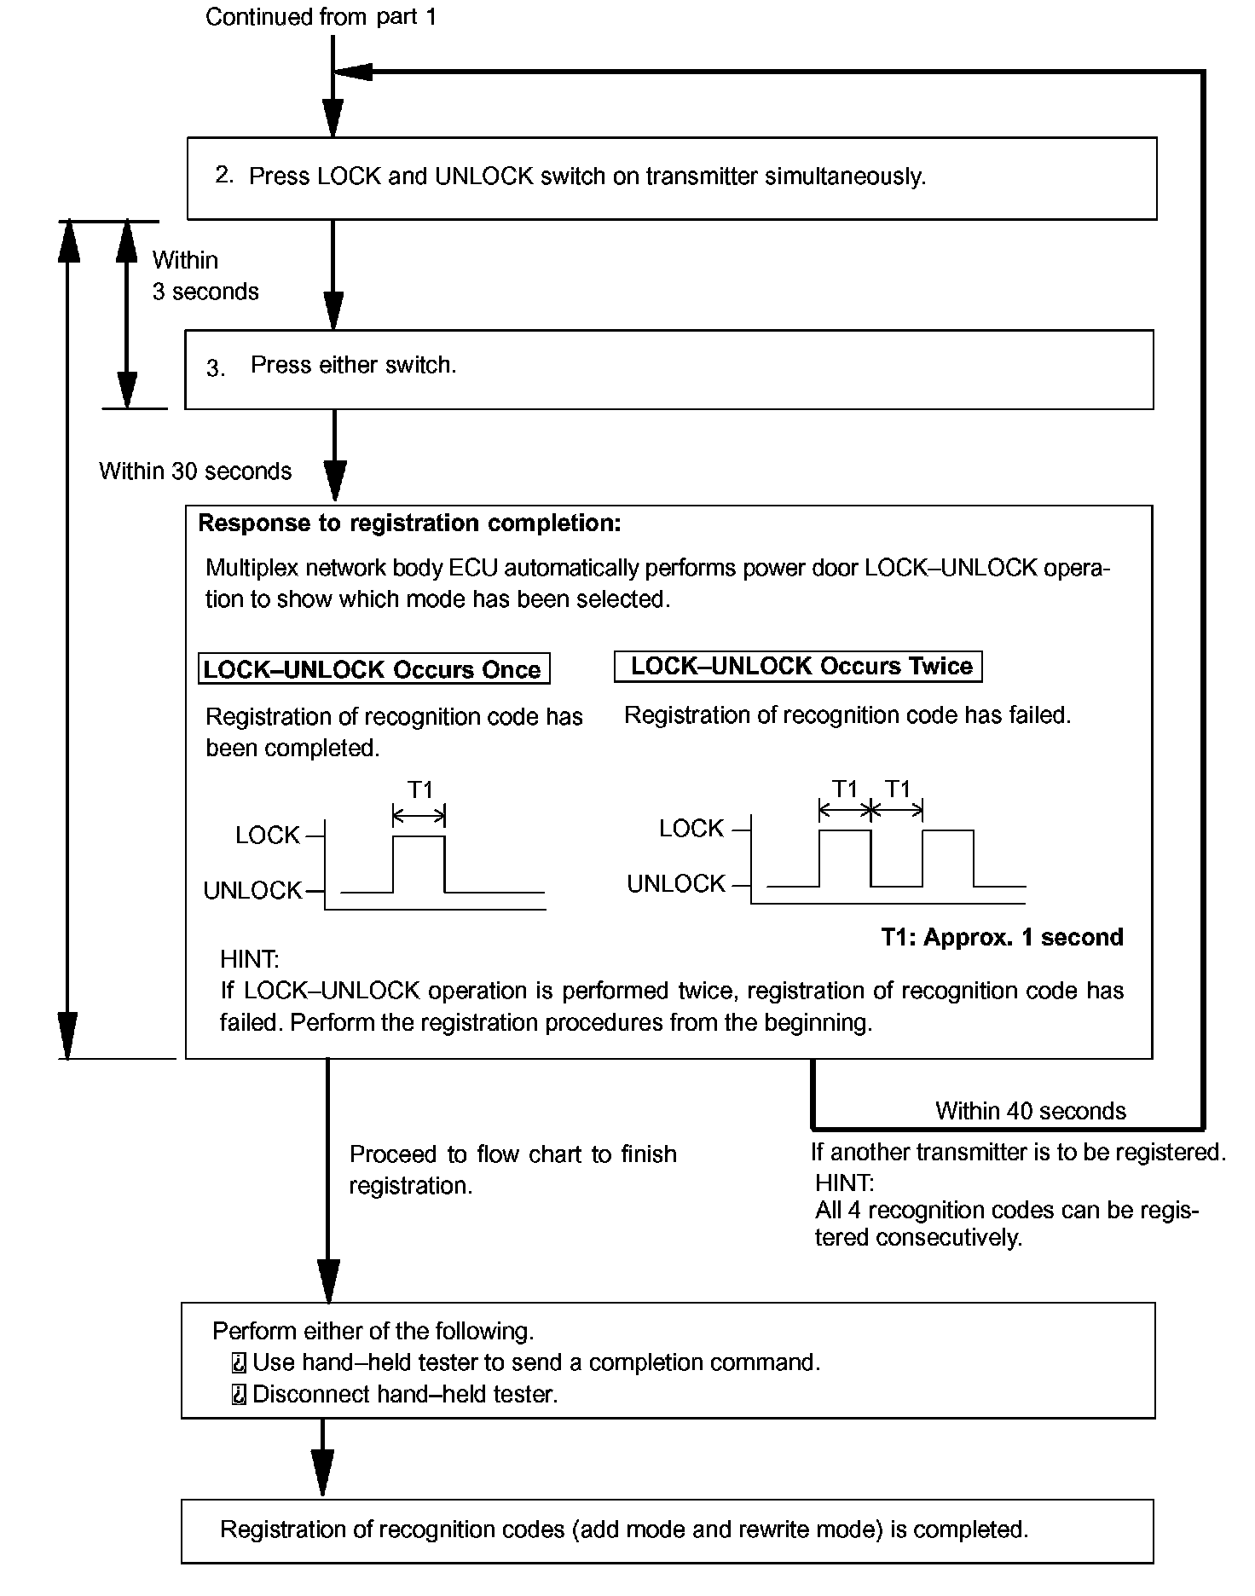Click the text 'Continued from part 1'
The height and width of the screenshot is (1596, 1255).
pos(321,17)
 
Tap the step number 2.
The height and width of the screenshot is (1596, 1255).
pos(223,175)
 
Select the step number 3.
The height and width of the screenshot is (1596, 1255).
pos(216,368)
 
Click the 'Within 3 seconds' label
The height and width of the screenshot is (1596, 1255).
pos(205,275)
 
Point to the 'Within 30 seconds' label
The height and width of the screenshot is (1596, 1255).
pos(195,471)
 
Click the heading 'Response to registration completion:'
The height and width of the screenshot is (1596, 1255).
pos(409,523)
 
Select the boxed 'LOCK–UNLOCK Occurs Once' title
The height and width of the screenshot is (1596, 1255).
pos(373,669)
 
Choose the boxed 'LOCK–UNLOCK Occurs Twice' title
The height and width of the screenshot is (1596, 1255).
pos(799,666)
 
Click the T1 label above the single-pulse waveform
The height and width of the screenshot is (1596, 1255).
pos(420,789)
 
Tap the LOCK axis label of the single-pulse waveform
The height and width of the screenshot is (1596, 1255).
pos(268,836)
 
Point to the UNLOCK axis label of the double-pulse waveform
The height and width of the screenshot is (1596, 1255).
pos(675,884)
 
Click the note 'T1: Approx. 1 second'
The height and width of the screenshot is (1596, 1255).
pos(1002,937)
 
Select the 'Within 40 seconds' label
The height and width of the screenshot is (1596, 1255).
pos(1030,1111)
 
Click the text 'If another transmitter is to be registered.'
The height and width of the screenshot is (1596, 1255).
pos(1018,1152)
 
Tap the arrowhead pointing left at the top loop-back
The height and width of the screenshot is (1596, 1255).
pos(353,72)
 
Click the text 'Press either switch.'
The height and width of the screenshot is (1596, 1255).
pos(353,365)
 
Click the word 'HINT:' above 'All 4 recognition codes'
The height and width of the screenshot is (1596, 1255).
pos(844,1183)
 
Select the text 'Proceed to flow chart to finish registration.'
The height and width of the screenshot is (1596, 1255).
pos(512,1170)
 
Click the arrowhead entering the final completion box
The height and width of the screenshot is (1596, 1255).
pos(322,1473)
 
